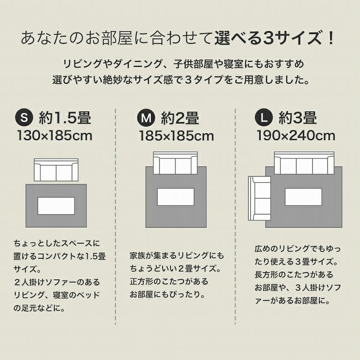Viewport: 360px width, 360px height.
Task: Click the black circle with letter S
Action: (x=25, y=118)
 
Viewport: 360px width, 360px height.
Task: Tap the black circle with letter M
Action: (x=146, y=118)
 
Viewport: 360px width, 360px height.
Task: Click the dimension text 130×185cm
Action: (x=55, y=135)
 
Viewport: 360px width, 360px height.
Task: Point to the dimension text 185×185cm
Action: (x=176, y=135)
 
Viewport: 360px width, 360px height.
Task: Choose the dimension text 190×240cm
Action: (x=296, y=135)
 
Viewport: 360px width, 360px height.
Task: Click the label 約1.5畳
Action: (x=65, y=118)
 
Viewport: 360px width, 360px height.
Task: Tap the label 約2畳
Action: (x=180, y=118)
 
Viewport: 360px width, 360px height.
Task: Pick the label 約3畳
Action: (x=298, y=118)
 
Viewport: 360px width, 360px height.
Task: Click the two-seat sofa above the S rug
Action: (x=56, y=170)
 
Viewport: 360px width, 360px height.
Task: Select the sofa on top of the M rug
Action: (x=175, y=163)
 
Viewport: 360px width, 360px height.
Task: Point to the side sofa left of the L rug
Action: (x=259, y=199)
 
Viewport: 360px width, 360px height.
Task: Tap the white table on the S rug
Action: (x=56, y=206)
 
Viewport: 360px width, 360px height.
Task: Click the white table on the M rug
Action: (x=175, y=197)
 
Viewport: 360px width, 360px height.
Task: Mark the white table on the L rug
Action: (x=303, y=197)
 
